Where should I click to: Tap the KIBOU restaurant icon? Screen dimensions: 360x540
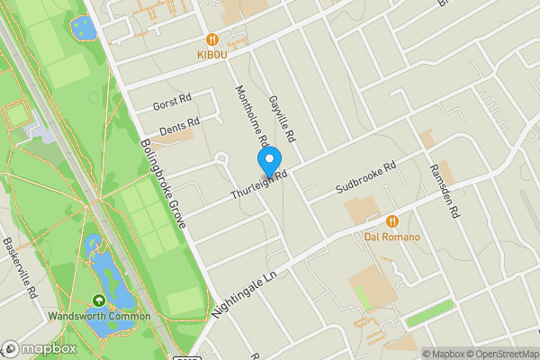click(212, 40)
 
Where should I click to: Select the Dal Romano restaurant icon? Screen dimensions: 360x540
click(392, 221)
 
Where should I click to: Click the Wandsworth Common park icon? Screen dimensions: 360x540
click(98, 301)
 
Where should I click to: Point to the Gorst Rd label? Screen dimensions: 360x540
click(173, 102)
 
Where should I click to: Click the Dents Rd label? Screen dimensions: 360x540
click(178, 127)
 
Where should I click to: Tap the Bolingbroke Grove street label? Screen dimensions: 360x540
click(163, 185)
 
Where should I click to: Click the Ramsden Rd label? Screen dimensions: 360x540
click(444, 192)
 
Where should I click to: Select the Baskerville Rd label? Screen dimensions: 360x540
click(19, 267)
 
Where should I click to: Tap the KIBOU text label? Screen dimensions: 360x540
click(212, 55)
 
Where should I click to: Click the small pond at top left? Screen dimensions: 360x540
click(83, 28)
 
